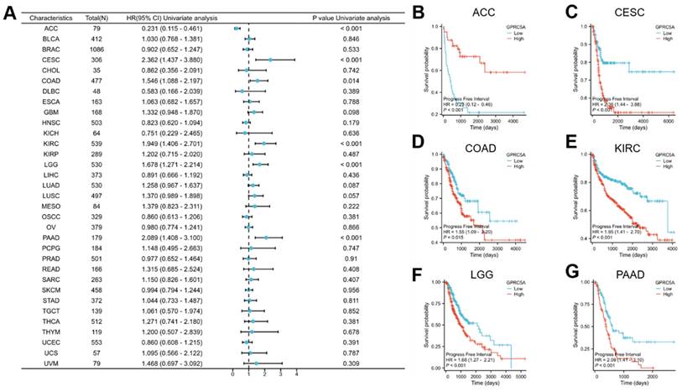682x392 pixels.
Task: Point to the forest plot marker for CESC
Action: [270, 60]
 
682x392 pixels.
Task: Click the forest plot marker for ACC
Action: [237, 29]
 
